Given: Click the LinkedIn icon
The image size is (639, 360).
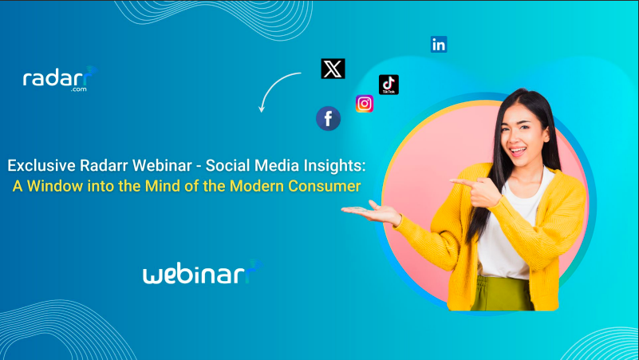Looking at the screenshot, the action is coord(439,45).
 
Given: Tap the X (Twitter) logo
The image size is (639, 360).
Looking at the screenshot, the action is coord(333,69).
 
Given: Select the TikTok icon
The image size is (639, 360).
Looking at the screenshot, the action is coord(389,85).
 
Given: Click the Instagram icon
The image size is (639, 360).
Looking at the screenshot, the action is coord(365,104).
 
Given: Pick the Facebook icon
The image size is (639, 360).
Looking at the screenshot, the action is coord(329,119).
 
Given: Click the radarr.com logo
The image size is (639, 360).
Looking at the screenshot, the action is coord(61,79).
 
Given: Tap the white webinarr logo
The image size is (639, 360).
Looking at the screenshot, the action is coord(203,272).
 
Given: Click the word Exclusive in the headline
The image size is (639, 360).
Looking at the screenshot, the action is coord(41,165).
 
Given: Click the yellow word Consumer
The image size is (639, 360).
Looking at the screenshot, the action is coord(325,186).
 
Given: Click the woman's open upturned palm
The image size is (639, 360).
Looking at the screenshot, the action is coord(364,211).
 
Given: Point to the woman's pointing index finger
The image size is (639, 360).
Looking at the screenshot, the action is coord(463,182).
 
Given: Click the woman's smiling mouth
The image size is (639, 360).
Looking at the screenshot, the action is coord(518,151).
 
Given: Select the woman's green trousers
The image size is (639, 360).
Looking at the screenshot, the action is coord(503,294).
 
